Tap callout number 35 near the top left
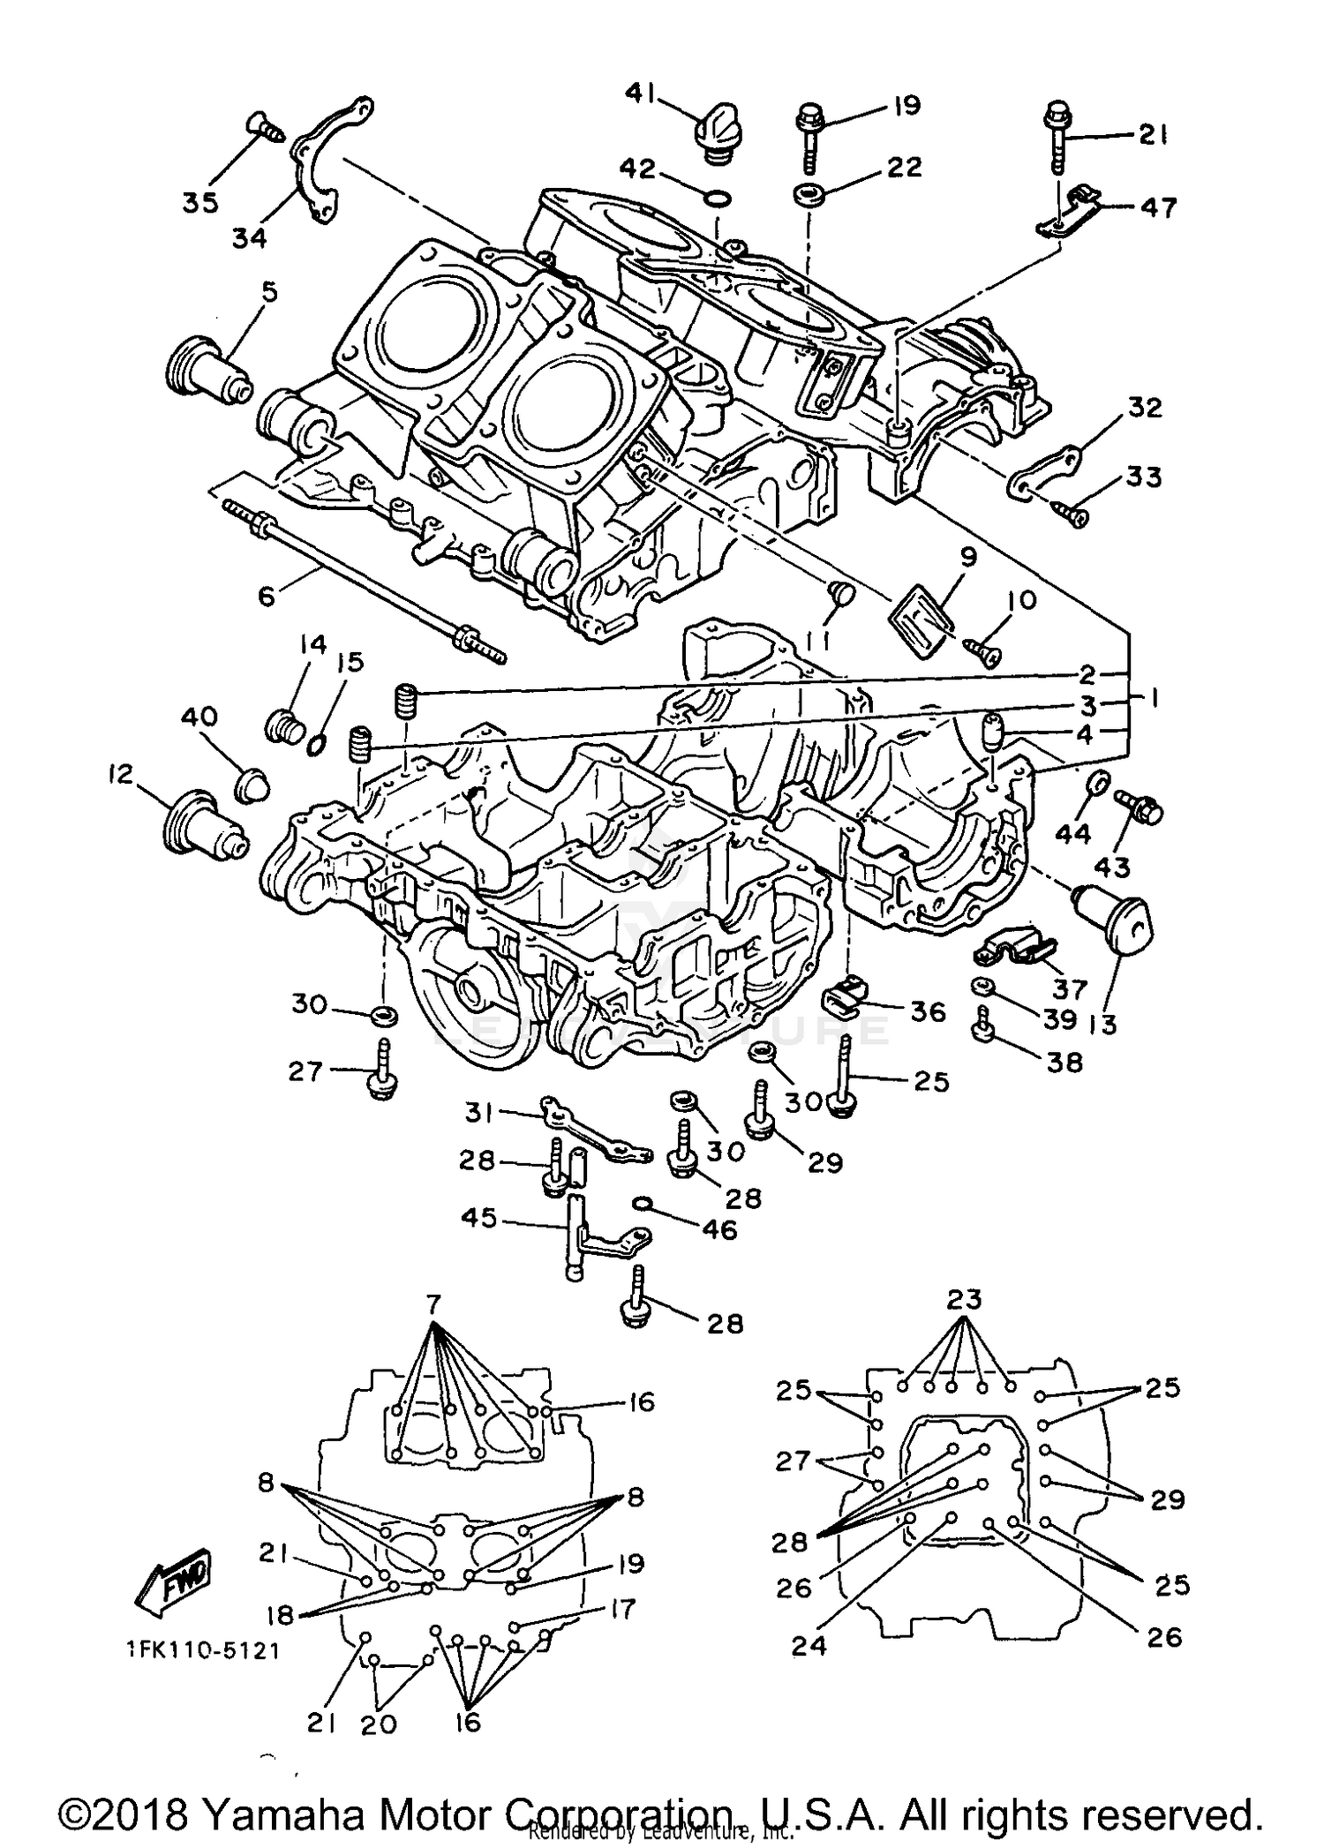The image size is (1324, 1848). (200, 202)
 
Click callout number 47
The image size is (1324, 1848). (1158, 207)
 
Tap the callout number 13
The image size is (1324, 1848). (1103, 1024)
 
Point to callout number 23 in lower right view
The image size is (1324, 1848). (964, 1300)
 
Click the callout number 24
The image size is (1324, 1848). (809, 1645)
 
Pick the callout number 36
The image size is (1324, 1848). (928, 1011)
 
